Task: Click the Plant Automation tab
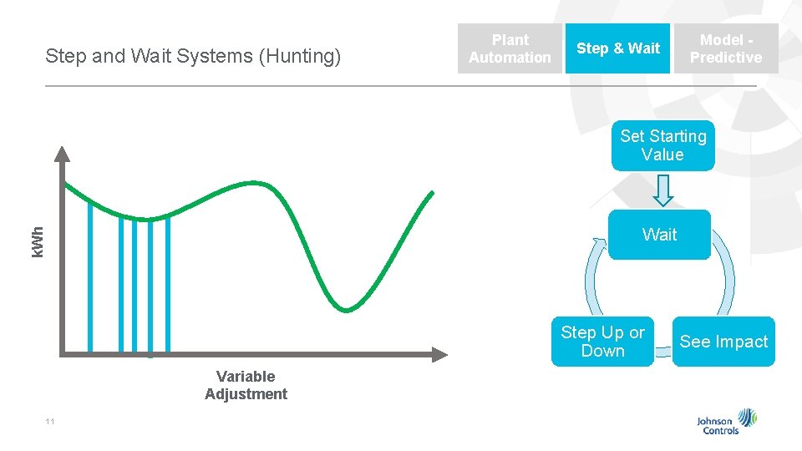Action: click(510, 48)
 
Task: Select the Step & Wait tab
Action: click(617, 48)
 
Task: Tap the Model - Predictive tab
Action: click(726, 48)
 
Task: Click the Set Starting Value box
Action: click(662, 145)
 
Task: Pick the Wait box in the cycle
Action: click(659, 235)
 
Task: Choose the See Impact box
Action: click(723, 342)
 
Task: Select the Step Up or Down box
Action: click(602, 342)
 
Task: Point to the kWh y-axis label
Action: click(38, 241)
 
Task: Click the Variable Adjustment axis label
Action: click(246, 385)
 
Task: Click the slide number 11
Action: click(50, 422)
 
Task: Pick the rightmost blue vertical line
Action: click(168, 284)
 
